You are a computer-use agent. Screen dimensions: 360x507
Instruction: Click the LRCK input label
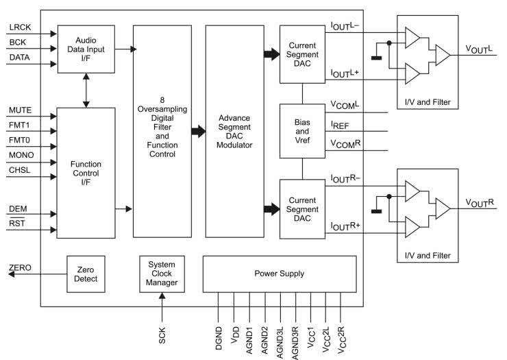pyautogui.click(x=20, y=27)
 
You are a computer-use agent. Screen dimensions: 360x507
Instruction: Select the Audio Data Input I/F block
pyautogui.click(x=86, y=49)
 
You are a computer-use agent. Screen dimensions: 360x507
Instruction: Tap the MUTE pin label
pyautogui.click(x=20, y=110)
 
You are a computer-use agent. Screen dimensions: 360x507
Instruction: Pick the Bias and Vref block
pyautogui.click(x=302, y=130)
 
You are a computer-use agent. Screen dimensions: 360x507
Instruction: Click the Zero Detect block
pyautogui.click(x=86, y=274)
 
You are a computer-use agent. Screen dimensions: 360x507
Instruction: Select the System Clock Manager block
pyautogui.click(x=162, y=274)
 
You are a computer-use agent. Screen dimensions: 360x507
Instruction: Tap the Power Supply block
pyautogui.click(x=280, y=274)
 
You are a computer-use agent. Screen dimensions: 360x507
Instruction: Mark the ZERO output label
pyautogui.click(x=20, y=267)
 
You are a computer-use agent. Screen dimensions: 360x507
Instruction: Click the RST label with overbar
pyautogui.click(x=16, y=223)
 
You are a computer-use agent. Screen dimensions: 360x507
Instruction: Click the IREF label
pyautogui.click(x=341, y=127)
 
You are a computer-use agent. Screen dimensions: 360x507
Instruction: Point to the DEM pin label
pyautogui.click(x=18, y=207)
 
